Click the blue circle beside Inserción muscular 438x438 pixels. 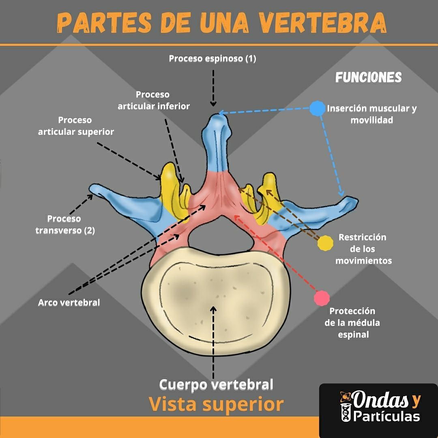click(x=317, y=108)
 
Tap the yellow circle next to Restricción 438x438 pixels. click(x=325, y=243)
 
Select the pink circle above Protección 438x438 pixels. click(x=322, y=298)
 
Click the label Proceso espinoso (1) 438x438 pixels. click(x=213, y=59)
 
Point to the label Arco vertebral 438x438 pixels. click(x=69, y=303)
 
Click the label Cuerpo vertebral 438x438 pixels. click(x=216, y=384)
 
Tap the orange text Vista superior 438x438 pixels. click(x=216, y=404)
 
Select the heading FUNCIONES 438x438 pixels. click(x=368, y=77)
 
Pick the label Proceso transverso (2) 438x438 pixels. click(x=64, y=225)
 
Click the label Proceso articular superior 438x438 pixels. click(x=76, y=126)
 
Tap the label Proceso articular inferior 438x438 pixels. click(x=154, y=100)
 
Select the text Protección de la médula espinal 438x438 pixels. click(x=352, y=323)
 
